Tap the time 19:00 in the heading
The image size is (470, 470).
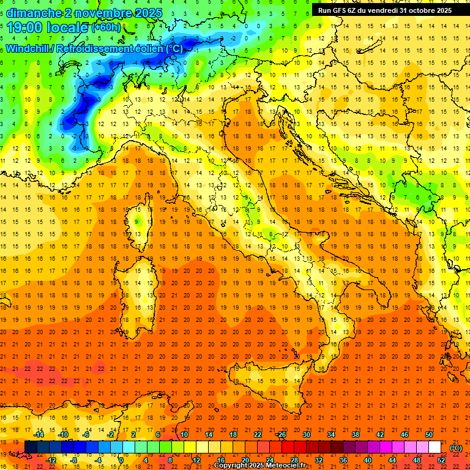26,27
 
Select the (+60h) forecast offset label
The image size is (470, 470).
105,28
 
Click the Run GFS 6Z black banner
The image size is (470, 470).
384,10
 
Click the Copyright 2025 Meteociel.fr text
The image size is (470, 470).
259,466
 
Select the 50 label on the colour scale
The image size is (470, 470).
428,435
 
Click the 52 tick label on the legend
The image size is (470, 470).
441,460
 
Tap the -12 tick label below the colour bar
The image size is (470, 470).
51,460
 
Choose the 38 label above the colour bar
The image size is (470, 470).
356,435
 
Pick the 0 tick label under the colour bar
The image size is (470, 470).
121,460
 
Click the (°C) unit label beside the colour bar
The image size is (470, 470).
456,448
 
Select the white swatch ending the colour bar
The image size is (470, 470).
435,447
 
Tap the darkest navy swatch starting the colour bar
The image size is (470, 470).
31,447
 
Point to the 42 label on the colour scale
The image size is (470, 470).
379,435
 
